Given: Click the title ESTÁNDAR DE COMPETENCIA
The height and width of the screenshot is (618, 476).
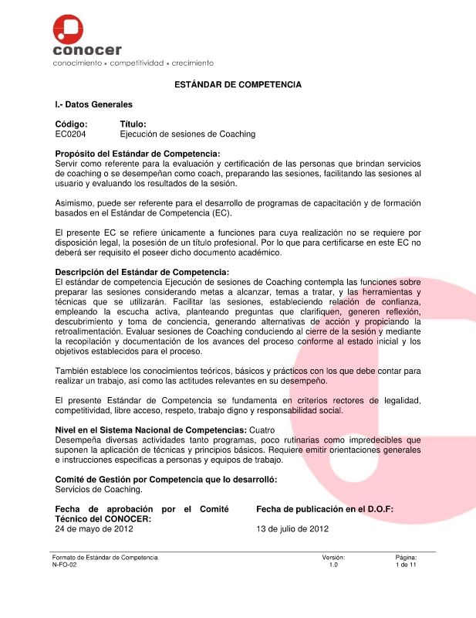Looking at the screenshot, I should [238, 84].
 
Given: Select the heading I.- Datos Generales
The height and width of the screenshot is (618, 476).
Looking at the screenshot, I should [93, 104].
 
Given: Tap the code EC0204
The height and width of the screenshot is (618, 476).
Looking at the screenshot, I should [71, 134].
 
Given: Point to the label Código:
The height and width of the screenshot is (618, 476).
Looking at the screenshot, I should [71, 124].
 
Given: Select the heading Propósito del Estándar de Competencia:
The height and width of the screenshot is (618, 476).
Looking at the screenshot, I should [137, 154].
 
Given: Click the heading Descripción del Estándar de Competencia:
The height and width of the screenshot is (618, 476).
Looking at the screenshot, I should [142, 272].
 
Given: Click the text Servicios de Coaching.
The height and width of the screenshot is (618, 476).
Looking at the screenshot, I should [99, 490].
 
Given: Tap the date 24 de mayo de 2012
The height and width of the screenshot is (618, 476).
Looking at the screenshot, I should [94, 530].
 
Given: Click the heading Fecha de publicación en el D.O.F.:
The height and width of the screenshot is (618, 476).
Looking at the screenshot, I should [324, 509].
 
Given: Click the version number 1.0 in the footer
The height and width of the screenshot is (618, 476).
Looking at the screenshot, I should [333, 565].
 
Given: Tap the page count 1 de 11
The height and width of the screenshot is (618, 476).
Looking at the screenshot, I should [406, 565].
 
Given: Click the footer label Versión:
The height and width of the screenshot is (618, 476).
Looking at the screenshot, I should [333, 557].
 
